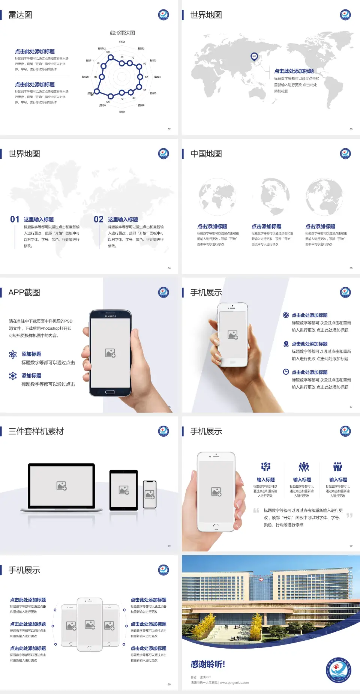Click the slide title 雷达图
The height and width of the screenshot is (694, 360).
[20, 15]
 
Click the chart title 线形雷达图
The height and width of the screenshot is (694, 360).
[122, 33]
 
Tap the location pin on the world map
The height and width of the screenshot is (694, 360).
[254, 56]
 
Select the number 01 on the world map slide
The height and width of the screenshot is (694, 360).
[15, 219]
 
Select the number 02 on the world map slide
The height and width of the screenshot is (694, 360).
[99, 219]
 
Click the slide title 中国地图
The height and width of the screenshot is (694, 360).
[206, 154]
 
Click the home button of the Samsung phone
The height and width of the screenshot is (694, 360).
[110, 392]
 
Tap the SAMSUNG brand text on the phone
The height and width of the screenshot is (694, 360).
[110, 316]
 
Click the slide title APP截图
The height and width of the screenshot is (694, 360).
[24, 293]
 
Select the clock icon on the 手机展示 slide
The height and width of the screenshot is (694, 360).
[286, 372]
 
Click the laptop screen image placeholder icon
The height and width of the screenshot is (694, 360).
[61, 486]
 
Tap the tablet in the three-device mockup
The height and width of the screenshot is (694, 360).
[124, 490]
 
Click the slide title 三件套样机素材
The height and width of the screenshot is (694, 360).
[36, 431]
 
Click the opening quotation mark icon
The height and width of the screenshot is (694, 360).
[256, 511]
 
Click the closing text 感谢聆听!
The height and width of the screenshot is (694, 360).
[208, 664]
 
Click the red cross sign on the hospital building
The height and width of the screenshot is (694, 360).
[261, 580]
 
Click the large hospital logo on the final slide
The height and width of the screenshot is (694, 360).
[338, 670]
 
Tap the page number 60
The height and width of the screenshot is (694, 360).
[169, 685]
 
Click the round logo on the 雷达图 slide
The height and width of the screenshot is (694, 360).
[163, 15]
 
